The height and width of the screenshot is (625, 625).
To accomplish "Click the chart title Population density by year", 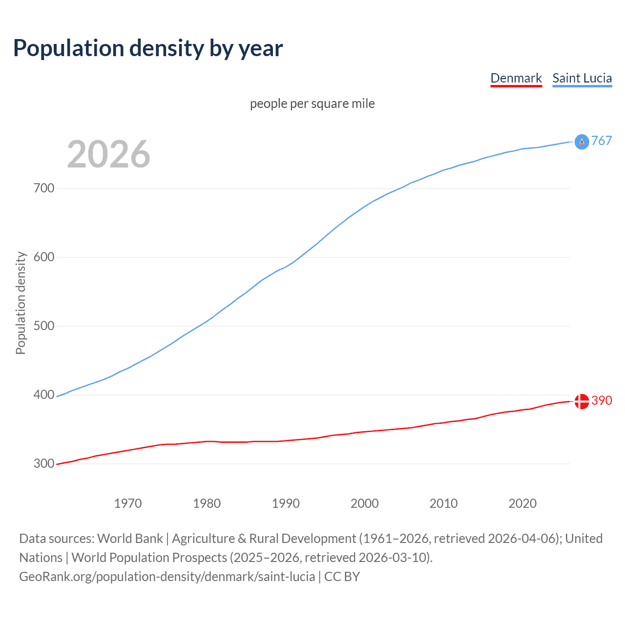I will click(148, 48).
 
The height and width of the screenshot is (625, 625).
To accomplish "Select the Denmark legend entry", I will click(516, 78).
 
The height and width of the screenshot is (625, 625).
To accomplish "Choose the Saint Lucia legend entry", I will click(582, 78).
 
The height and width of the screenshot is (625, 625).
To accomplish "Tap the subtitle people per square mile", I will click(312, 104).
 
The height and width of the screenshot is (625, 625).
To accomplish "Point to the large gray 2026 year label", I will click(108, 154).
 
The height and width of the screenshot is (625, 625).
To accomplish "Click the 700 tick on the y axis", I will click(44, 188).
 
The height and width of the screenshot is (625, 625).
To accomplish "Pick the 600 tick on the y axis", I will click(44, 257).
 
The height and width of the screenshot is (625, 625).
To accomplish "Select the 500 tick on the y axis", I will click(44, 326).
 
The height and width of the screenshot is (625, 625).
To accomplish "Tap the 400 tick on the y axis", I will click(44, 395).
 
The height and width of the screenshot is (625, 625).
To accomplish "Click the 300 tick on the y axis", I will click(44, 464).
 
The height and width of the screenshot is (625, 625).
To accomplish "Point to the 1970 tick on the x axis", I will click(128, 503).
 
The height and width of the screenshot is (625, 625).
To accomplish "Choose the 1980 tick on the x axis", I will click(207, 503).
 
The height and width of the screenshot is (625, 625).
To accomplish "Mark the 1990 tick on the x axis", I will click(286, 503).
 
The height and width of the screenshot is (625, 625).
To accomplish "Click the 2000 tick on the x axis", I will click(365, 503).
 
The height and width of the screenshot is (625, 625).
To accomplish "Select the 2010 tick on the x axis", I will click(444, 503).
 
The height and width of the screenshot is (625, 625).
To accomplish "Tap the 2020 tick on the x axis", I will click(522, 503).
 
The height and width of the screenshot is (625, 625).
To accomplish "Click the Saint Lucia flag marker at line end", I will click(582, 142).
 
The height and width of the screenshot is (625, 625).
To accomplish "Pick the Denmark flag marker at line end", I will click(582, 401).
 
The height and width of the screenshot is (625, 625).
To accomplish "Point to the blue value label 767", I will click(602, 141).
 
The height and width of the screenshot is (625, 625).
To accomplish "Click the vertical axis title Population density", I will click(21, 303).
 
